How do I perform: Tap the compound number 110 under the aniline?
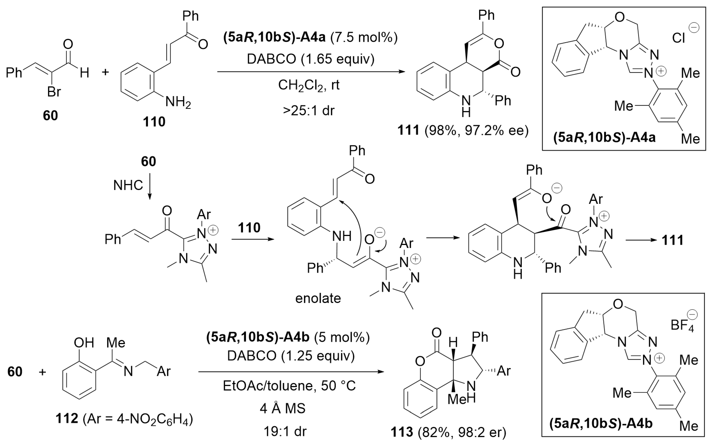coord(154,122)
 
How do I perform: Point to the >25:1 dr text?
coord(309,111)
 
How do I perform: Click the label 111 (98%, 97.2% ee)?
coord(463,130)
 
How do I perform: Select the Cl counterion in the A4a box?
coord(679,38)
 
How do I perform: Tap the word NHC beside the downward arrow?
coord(128,185)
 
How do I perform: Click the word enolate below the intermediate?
coord(318,298)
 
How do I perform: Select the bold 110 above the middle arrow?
coord(249,228)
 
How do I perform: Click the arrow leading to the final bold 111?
coord(641,240)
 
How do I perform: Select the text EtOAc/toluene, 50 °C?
coord(289,386)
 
